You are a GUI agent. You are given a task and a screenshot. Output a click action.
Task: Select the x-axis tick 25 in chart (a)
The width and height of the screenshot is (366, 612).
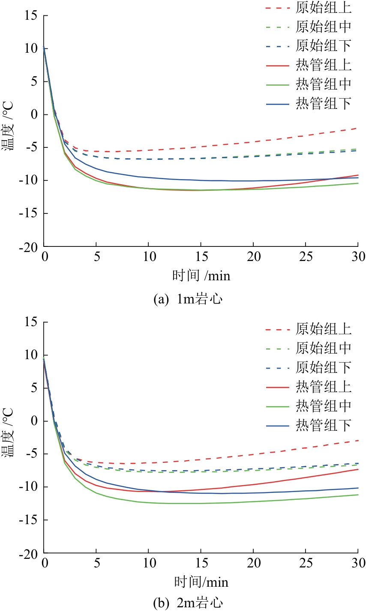306,257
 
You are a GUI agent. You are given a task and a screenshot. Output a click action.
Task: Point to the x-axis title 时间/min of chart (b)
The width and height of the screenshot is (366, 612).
201,582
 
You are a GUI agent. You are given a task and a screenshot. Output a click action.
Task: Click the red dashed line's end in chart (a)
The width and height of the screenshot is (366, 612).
357,128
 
